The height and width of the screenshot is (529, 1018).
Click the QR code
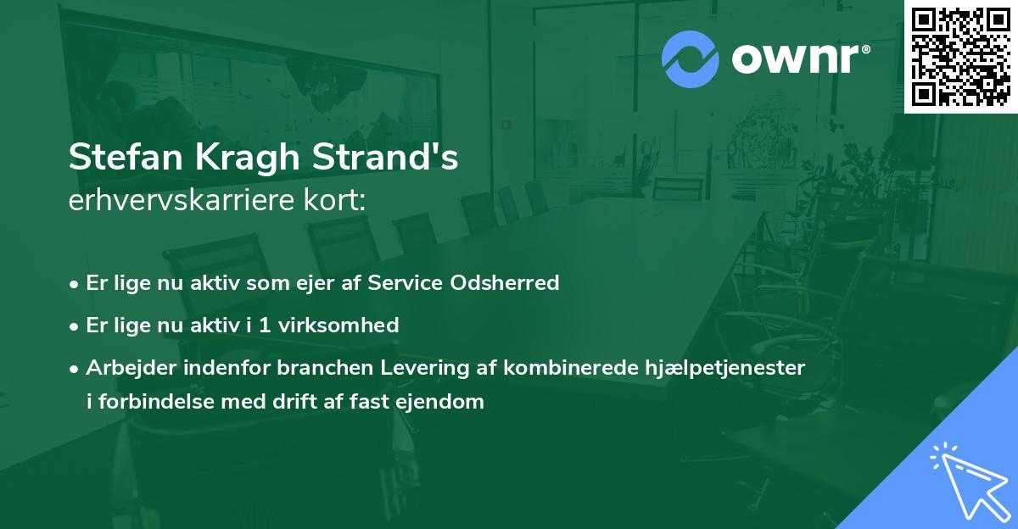(960, 56)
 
